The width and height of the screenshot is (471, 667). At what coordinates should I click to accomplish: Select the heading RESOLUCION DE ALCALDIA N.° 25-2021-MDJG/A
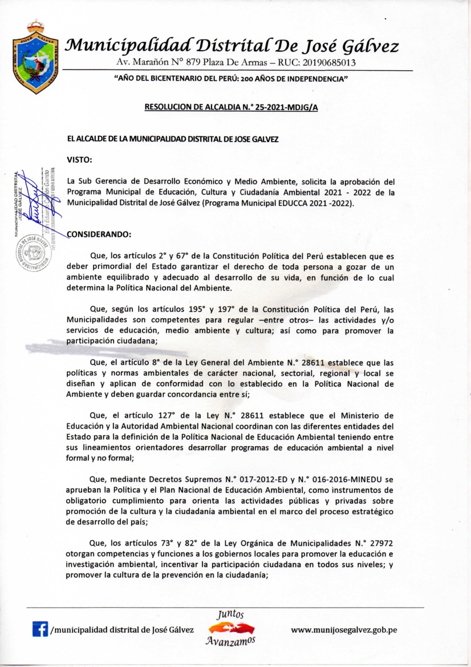[x=231, y=107]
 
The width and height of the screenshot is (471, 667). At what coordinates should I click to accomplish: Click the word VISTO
[x=79, y=161]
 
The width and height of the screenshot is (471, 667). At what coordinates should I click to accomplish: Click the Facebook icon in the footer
[x=40, y=630]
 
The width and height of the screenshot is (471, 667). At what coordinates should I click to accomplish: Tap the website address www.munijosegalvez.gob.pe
[x=344, y=630]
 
